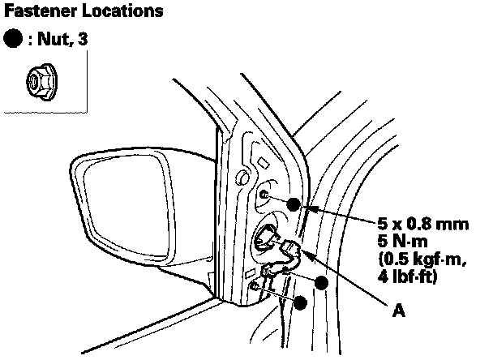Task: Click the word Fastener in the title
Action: point(38,12)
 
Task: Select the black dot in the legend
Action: point(13,41)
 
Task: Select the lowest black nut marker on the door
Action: point(301,302)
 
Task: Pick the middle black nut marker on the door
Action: point(322,282)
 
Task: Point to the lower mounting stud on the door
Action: point(255,287)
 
